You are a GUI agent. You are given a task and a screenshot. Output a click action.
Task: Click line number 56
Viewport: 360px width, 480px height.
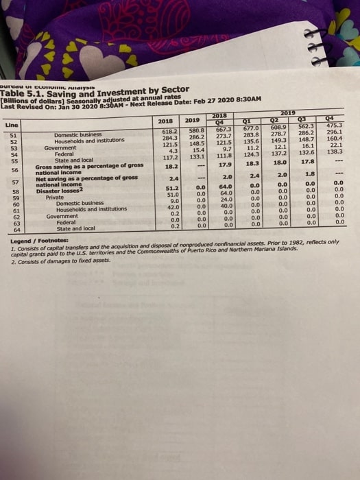coord(13,169)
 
